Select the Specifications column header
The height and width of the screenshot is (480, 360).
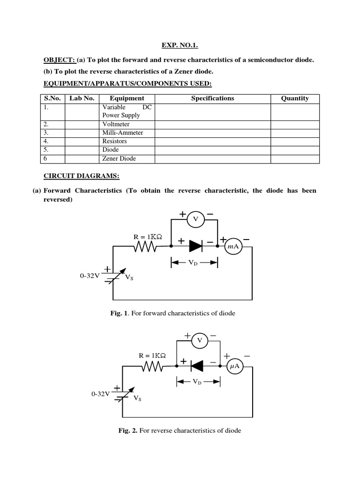click(x=212, y=98)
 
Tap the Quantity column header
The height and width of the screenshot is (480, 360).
click(x=295, y=98)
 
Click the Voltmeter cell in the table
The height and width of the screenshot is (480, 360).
click(x=115, y=124)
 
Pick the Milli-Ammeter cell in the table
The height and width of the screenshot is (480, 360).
click(x=123, y=133)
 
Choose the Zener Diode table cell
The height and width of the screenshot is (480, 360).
click(x=119, y=158)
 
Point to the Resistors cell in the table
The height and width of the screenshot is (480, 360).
click(x=114, y=141)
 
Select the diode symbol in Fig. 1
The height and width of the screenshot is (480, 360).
click(x=195, y=245)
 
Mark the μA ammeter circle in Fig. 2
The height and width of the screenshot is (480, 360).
click(x=235, y=368)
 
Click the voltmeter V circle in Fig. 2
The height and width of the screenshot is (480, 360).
click(x=200, y=340)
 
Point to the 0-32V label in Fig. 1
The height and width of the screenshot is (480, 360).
click(x=90, y=276)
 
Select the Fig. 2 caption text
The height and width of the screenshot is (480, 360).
click(x=180, y=430)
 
